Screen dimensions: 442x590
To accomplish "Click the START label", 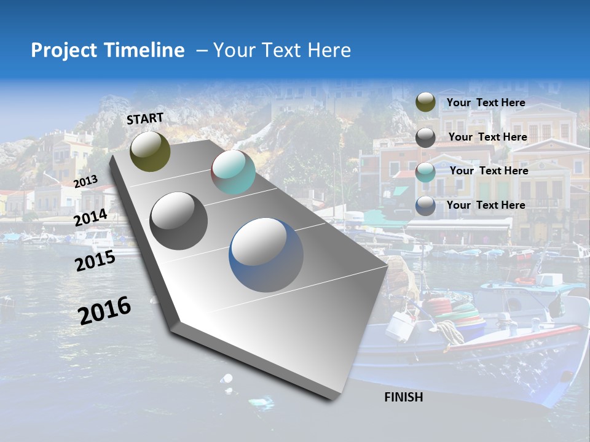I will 145,118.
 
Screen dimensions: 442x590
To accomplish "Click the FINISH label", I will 403,397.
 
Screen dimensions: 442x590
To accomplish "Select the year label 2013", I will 85,181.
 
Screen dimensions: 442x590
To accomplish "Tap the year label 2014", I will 91,218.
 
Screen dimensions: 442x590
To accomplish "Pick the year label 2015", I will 95,262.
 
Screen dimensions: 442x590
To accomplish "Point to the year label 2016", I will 104,310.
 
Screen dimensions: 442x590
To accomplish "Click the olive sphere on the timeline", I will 150,151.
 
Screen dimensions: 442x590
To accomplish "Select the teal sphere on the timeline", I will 233,172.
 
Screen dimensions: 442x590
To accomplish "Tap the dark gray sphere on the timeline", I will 178,220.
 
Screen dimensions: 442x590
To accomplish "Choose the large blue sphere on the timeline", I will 265,254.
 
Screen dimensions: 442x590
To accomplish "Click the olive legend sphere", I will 425,102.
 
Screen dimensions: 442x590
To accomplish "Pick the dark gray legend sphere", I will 425,137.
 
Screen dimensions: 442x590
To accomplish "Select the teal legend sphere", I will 425,171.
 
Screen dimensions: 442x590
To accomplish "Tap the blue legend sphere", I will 425,206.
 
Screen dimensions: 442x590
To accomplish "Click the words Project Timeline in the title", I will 108,50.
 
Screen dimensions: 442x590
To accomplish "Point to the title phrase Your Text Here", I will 282,50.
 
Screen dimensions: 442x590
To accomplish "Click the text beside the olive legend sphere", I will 486,103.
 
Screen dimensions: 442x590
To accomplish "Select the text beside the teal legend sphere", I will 489,171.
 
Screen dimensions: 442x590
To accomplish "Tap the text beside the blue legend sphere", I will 486,205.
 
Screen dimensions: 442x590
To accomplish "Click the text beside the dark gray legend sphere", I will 487,137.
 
